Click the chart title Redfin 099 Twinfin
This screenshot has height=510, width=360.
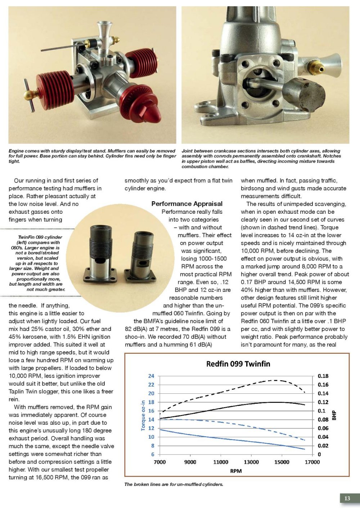[x=238, y=364]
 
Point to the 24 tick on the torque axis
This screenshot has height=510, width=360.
[x=151, y=376]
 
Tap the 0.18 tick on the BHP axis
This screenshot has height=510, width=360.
[x=323, y=376]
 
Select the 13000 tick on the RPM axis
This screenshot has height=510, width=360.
[x=251, y=462]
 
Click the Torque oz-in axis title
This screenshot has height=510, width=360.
[x=143, y=416]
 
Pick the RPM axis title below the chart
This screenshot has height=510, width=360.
[x=236, y=471]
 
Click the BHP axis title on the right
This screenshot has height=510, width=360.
[x=334, y=416]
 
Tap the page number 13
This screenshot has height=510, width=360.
[x=347, y=498]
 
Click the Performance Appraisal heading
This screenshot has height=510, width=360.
[x=187, y=204]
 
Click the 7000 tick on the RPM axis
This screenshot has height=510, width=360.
[x=160, y=462]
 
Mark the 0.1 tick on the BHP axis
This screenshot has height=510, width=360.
[x=321, y=411]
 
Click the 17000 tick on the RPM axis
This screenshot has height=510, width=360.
[x=312, y=462]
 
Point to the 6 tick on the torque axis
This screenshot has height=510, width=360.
[x=152, y=454]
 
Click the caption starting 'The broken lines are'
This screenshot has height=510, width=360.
[x=174, y=484]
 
